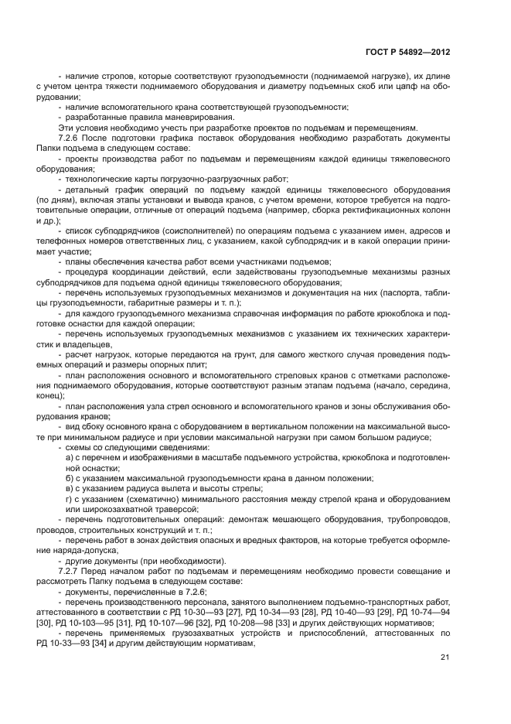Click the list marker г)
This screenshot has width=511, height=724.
71,500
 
